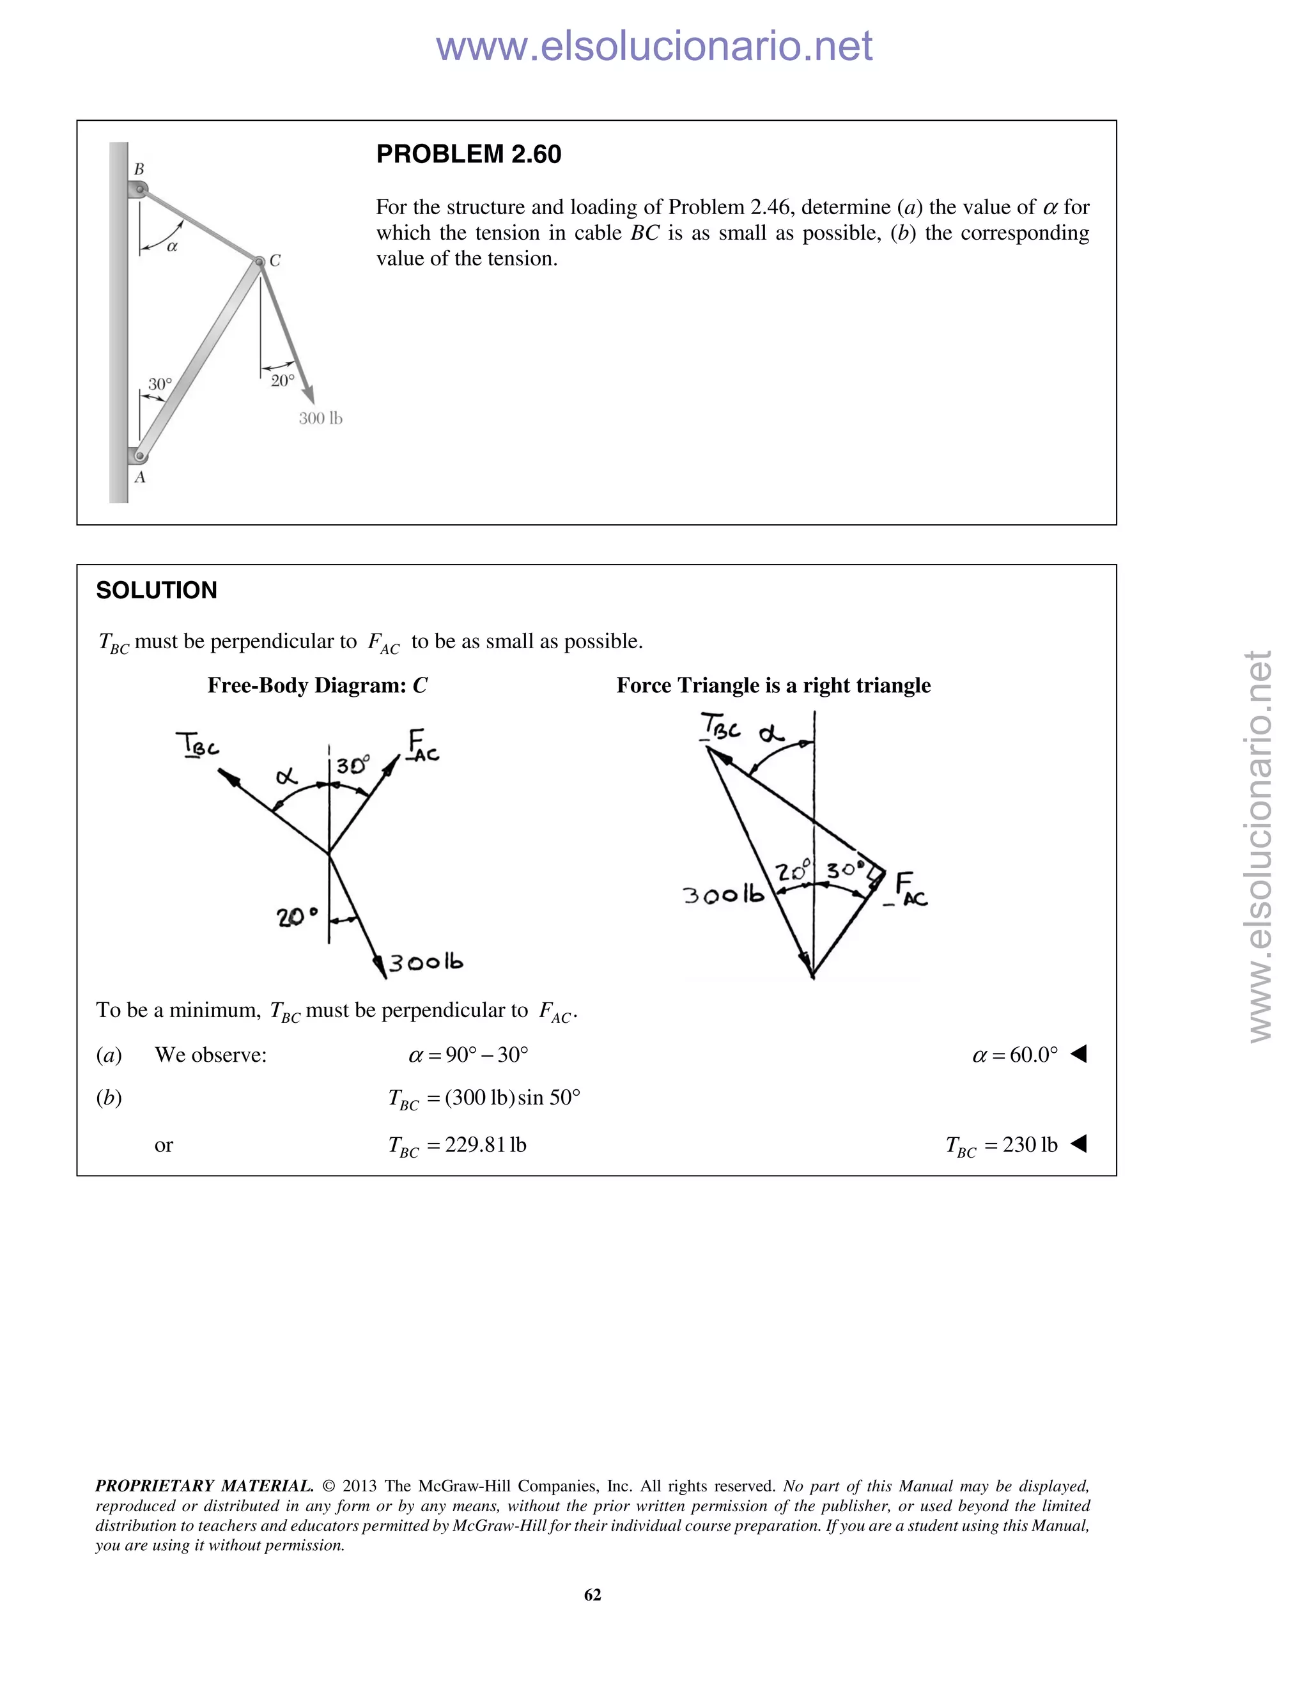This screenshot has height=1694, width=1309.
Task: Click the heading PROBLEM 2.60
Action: tap(469, 154)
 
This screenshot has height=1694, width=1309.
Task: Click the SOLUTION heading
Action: tap(157, 590)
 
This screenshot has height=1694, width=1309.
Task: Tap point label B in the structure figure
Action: tap(139, 168)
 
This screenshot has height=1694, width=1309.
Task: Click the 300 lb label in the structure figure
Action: tap(320, 419)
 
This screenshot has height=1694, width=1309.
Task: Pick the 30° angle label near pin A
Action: tap(160, 384)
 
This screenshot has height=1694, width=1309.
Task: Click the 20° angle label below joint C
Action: tap(283, 381)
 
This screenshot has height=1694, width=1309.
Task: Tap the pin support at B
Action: tap(139, 189)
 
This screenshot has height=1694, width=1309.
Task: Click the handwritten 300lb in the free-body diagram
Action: tap(426, 963)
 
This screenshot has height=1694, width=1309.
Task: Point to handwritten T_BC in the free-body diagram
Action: tap(197, 745)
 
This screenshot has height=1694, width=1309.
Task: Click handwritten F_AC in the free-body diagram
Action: tap(422, 745)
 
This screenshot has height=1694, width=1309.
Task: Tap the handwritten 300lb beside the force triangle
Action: tap(723, 895)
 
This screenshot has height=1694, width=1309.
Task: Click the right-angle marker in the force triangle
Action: tap(877, 875)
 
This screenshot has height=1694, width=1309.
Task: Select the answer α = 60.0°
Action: tap(1015, 1055)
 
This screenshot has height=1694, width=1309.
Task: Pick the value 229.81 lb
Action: tap(486, 1146)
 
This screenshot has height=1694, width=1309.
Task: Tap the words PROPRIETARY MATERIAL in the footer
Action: tap(204, 1486)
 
